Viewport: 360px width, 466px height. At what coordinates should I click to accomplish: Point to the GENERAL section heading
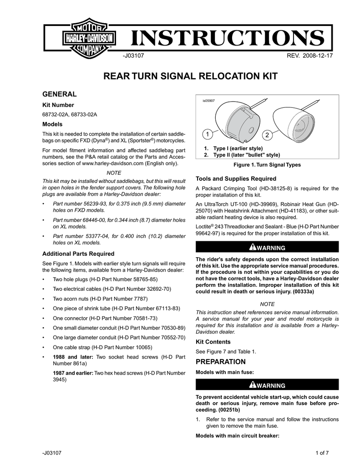pos(59,94)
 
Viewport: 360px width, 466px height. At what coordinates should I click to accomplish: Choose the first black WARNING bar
pos(267,247)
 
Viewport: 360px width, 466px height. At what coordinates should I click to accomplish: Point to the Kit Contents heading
pos(213,341)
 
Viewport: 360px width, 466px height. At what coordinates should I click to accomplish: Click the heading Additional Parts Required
pos(78,253)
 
